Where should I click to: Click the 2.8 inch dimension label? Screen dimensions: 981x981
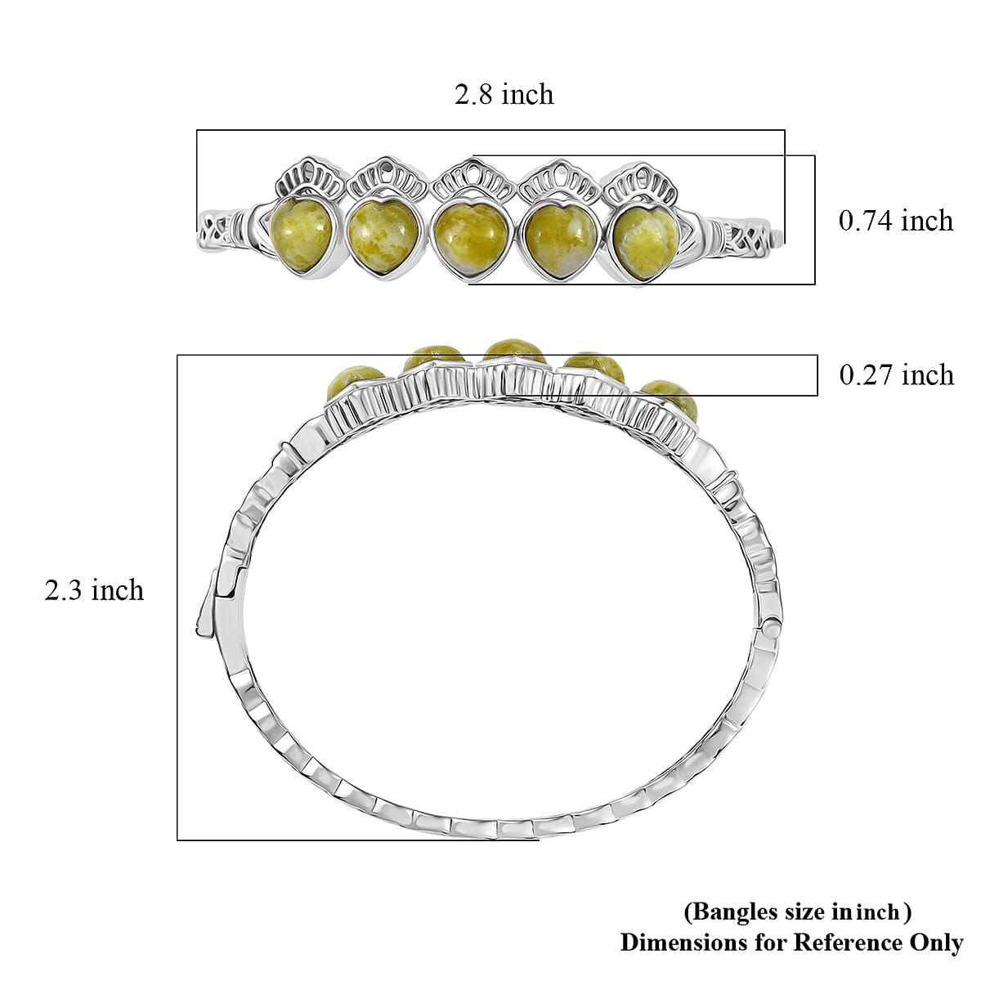tap(504, 94)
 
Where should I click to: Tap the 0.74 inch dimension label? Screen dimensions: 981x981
tap(896, 221)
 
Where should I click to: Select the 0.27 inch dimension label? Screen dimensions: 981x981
tap(896, 374)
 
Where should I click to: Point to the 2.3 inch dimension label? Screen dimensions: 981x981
tap(94, 589)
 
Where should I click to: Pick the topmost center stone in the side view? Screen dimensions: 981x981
tap(514, 347)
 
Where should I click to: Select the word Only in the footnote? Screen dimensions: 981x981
tap(933, 942)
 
